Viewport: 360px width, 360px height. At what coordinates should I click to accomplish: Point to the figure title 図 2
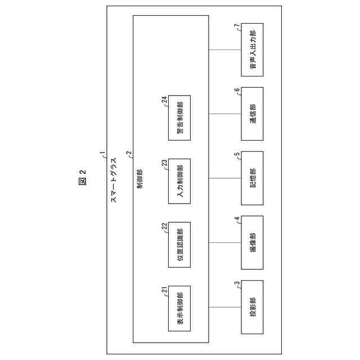(82, 180)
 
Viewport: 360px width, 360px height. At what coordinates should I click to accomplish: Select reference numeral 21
(164, 291)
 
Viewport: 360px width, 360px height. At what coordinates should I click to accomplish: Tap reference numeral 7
(237, 26)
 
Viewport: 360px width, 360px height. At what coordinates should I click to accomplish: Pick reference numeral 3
(237, 284)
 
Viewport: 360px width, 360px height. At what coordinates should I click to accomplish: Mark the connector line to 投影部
(225, 307)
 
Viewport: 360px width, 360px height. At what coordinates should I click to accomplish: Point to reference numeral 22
(164, 227)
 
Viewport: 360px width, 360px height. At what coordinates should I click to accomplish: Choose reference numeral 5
(237, 155)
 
